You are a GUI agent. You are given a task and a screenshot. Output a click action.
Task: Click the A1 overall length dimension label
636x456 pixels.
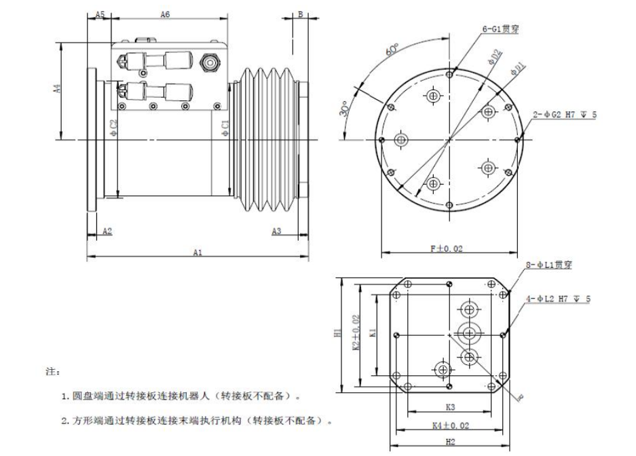tap(198, 252)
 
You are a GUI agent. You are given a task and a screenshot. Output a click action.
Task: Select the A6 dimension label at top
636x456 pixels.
tap(164, 14)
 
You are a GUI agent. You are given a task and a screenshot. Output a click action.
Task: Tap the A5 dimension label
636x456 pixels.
tap(99, 14)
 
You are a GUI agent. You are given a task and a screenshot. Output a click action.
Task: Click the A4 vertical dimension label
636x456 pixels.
tap(58, 89)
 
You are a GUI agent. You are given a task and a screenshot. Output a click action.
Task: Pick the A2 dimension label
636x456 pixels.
tap(107, 231)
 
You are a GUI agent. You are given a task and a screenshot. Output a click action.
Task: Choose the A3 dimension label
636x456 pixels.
tap(276, 231)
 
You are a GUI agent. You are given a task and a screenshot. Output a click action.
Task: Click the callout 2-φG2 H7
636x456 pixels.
tap(564, 115)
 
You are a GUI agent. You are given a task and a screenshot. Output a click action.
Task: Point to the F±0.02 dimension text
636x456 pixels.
tap(447, 250)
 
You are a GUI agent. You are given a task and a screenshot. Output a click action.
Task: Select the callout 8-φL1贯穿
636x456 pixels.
tap(549, 265)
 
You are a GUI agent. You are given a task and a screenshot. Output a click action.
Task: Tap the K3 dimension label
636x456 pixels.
tap(450, 408)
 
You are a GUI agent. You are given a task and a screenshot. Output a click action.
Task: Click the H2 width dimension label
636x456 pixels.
tap(450, 442)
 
